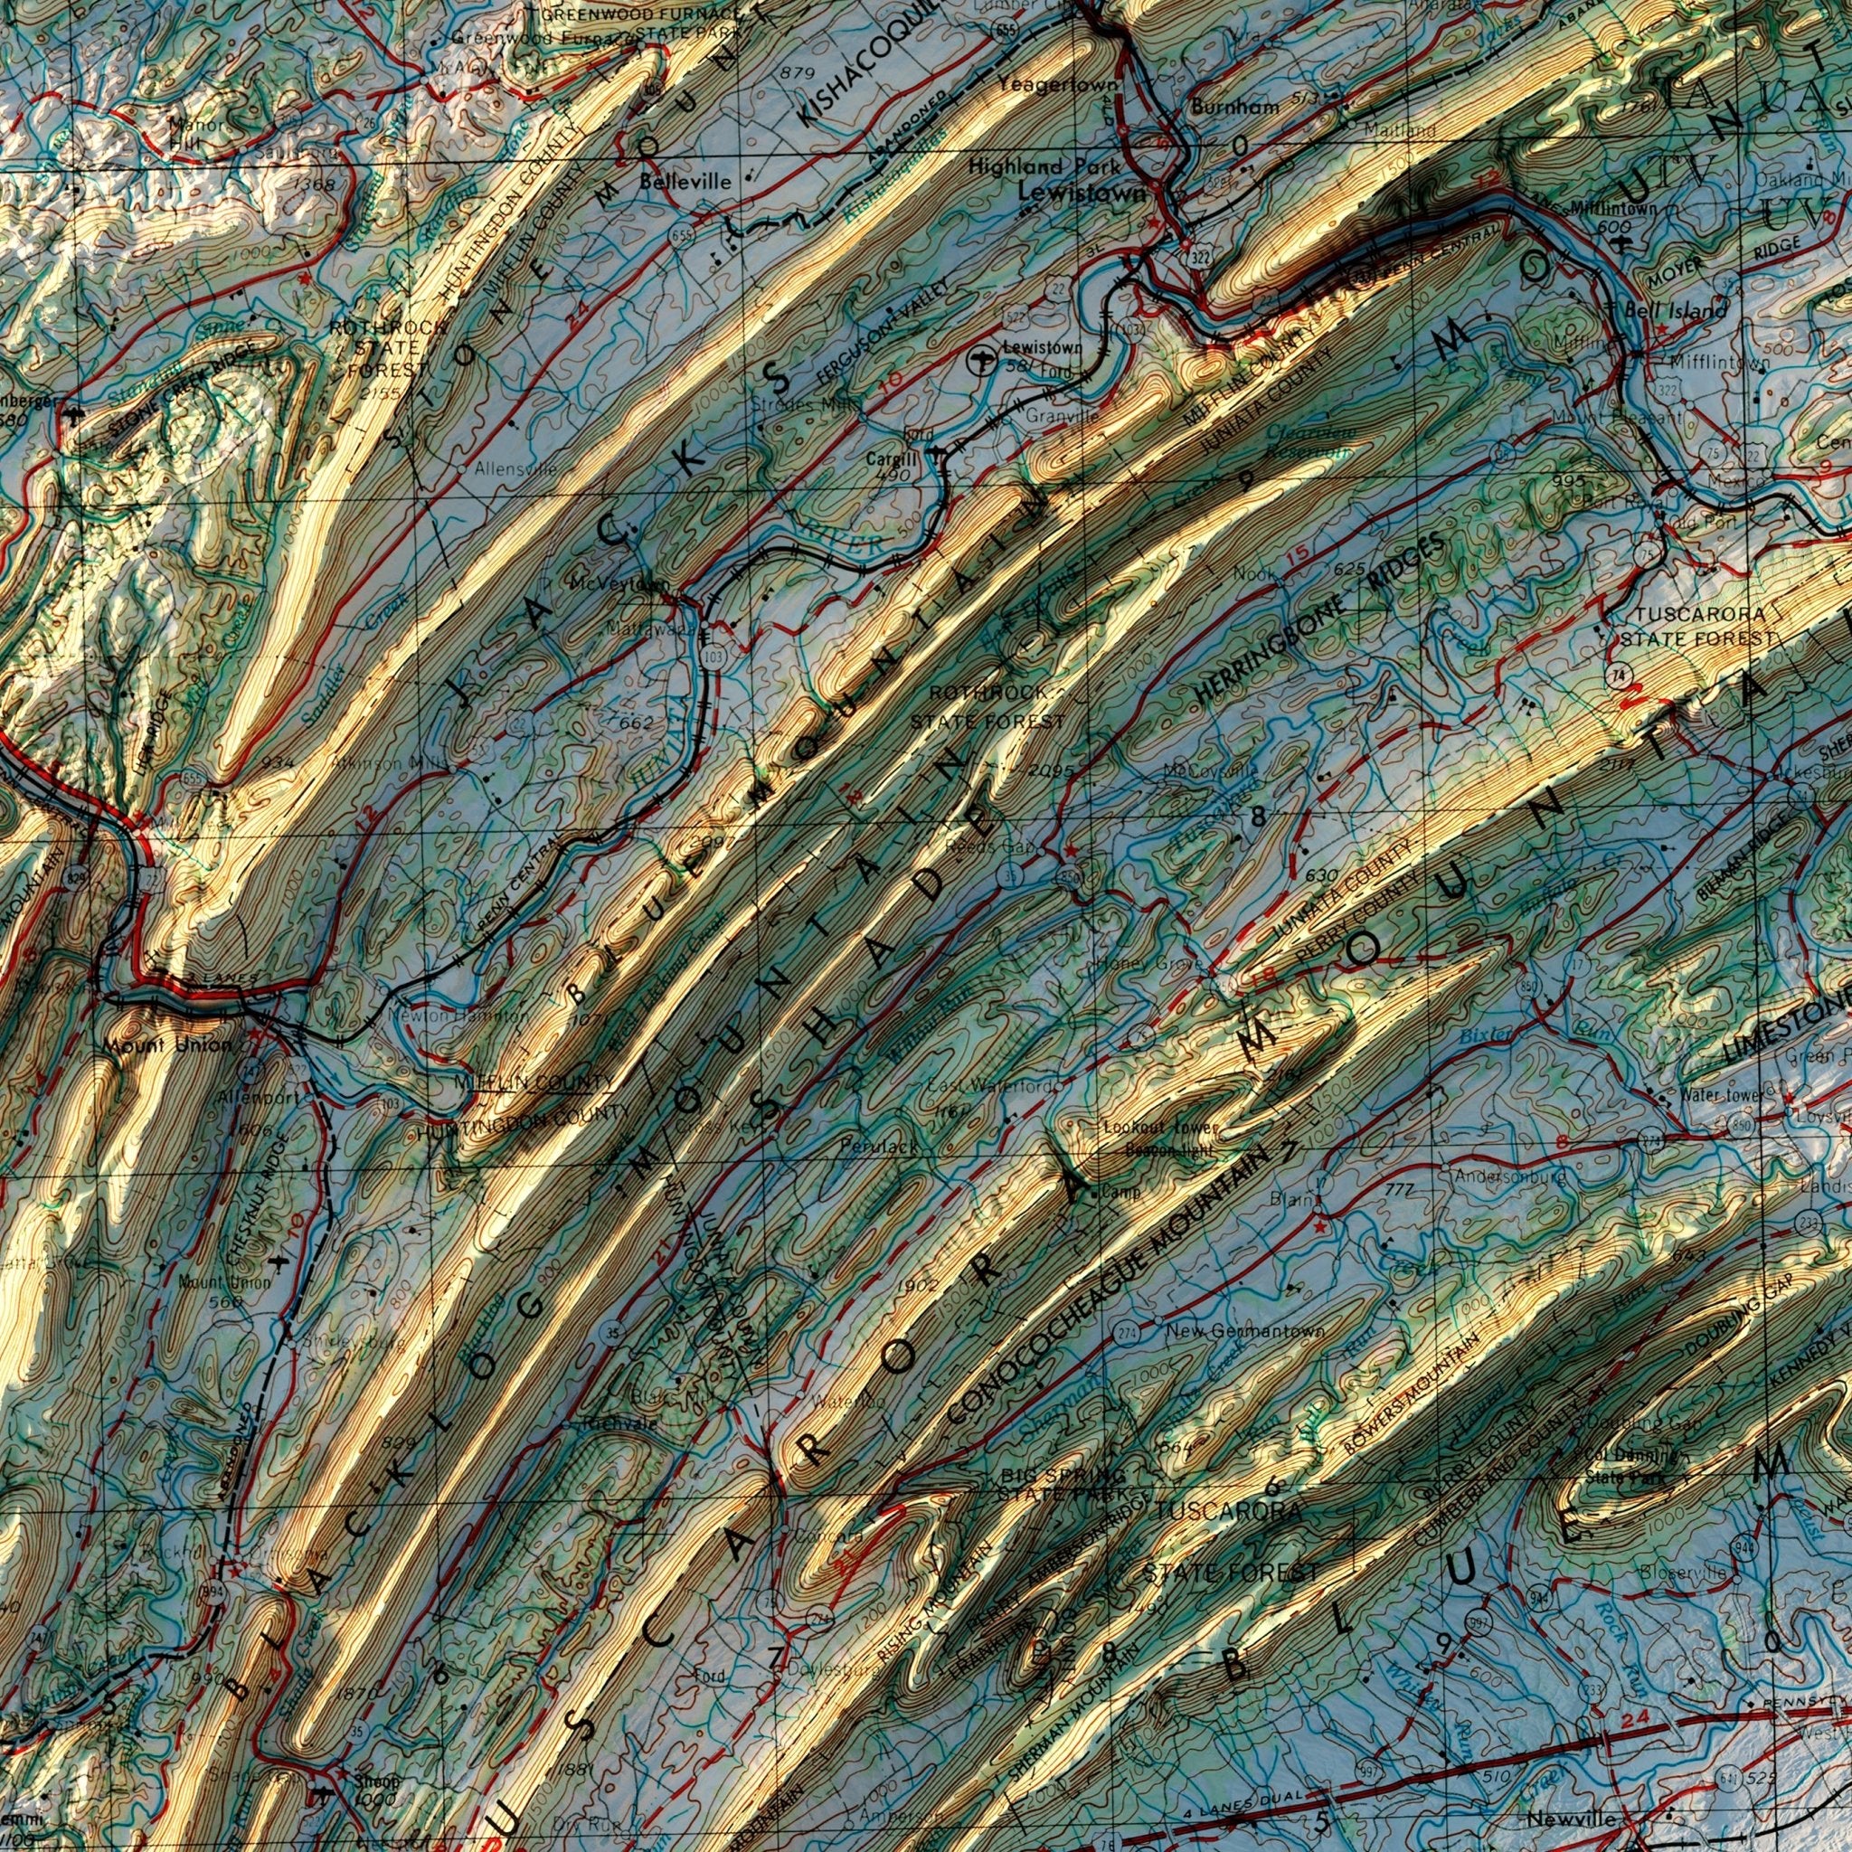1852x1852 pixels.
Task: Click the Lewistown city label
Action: click(x=1082, y=193)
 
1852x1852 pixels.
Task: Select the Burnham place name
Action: click(x=1234, y=108)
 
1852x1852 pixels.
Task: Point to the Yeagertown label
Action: click(x=1057, y=85)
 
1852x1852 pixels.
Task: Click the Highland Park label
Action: click(x=1043, y=165)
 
